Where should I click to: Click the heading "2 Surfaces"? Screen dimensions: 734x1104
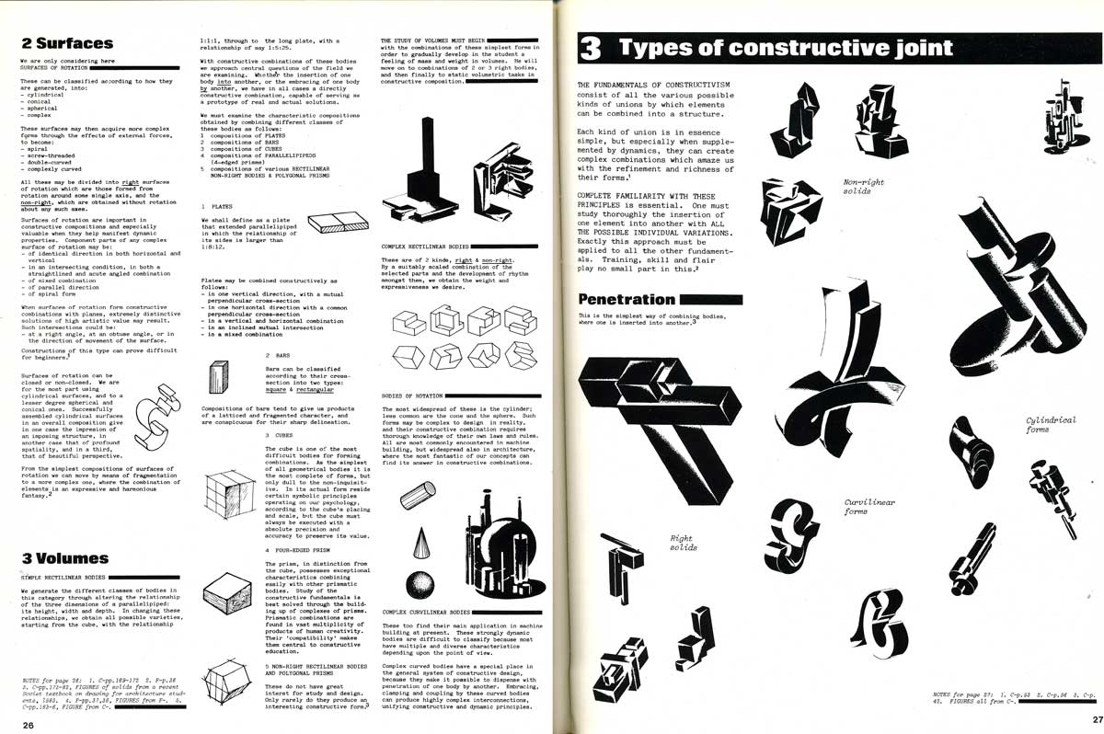[67, 42]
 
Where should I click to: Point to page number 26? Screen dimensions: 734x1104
[28, 725]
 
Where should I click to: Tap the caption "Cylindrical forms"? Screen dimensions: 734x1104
[1050, 425]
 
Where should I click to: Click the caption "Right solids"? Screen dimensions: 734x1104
[683, 543]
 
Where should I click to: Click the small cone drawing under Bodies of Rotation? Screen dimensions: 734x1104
[420, 539]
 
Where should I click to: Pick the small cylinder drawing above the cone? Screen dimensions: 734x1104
[420, 498]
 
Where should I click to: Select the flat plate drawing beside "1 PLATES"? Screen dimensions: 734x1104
[337, 224]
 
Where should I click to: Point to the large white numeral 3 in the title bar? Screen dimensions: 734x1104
[590, 48]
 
